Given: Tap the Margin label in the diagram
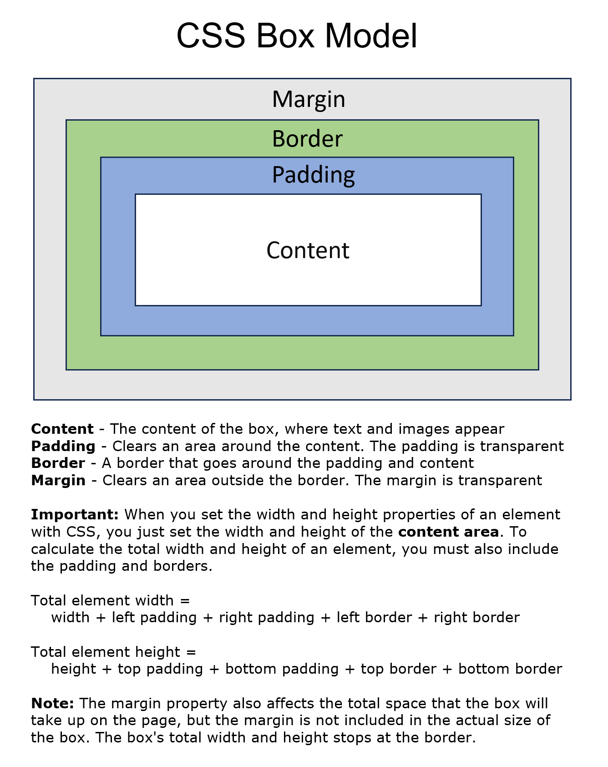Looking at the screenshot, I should (x=309, y=99).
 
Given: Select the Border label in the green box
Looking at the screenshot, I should (x=307, y=139).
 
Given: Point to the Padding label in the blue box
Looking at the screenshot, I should (x=313, y=175).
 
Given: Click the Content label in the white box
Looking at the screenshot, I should (x=308, y=250).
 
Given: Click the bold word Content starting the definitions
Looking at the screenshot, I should (x=62, y=429).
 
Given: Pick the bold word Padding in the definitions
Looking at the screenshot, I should (x=63, y=446).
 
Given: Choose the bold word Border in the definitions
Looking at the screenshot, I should (x=58, y=463).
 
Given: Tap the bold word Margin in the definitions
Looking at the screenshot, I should (x=58, y=480).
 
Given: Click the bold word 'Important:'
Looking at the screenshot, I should (x=75, y=514).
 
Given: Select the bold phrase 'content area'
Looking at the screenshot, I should (x=448, y=532).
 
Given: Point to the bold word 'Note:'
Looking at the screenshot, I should (x=52, y=703).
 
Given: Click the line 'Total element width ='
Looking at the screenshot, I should (x=110, y=600).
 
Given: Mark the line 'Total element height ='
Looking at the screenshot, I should (x=113, y=652).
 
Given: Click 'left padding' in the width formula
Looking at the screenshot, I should (x=154, y=618).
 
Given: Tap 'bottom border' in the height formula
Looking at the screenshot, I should (x=510, y=669).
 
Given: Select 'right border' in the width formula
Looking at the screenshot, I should (x=476, y=618).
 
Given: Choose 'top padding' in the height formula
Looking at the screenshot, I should (x=160, y=669).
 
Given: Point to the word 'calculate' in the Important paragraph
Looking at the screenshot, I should (x=63, y=549).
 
